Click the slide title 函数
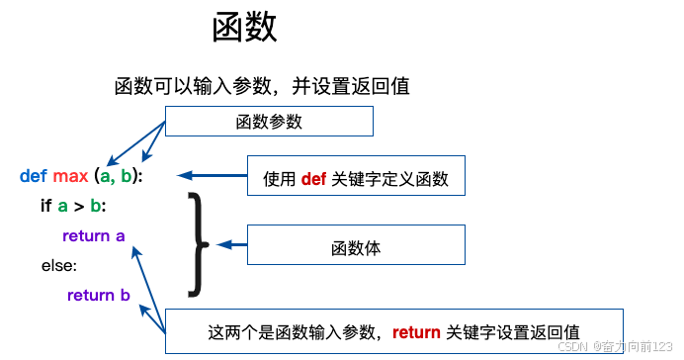(244, 28)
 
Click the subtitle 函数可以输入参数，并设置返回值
(262, 86)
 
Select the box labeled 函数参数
(269, 122)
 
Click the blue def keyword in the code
(33, 176)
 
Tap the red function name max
(70, 176)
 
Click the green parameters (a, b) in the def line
(118, 176)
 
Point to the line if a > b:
(73, 206)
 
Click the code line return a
(93, 235)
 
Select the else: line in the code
(58, 265)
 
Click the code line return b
(98, 295)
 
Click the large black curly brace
(198, 243)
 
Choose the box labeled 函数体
(355, 244)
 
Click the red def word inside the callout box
(313, 179)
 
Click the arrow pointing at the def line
(212, 176)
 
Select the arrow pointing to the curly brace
(231, 243)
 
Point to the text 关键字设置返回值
(513, 331)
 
